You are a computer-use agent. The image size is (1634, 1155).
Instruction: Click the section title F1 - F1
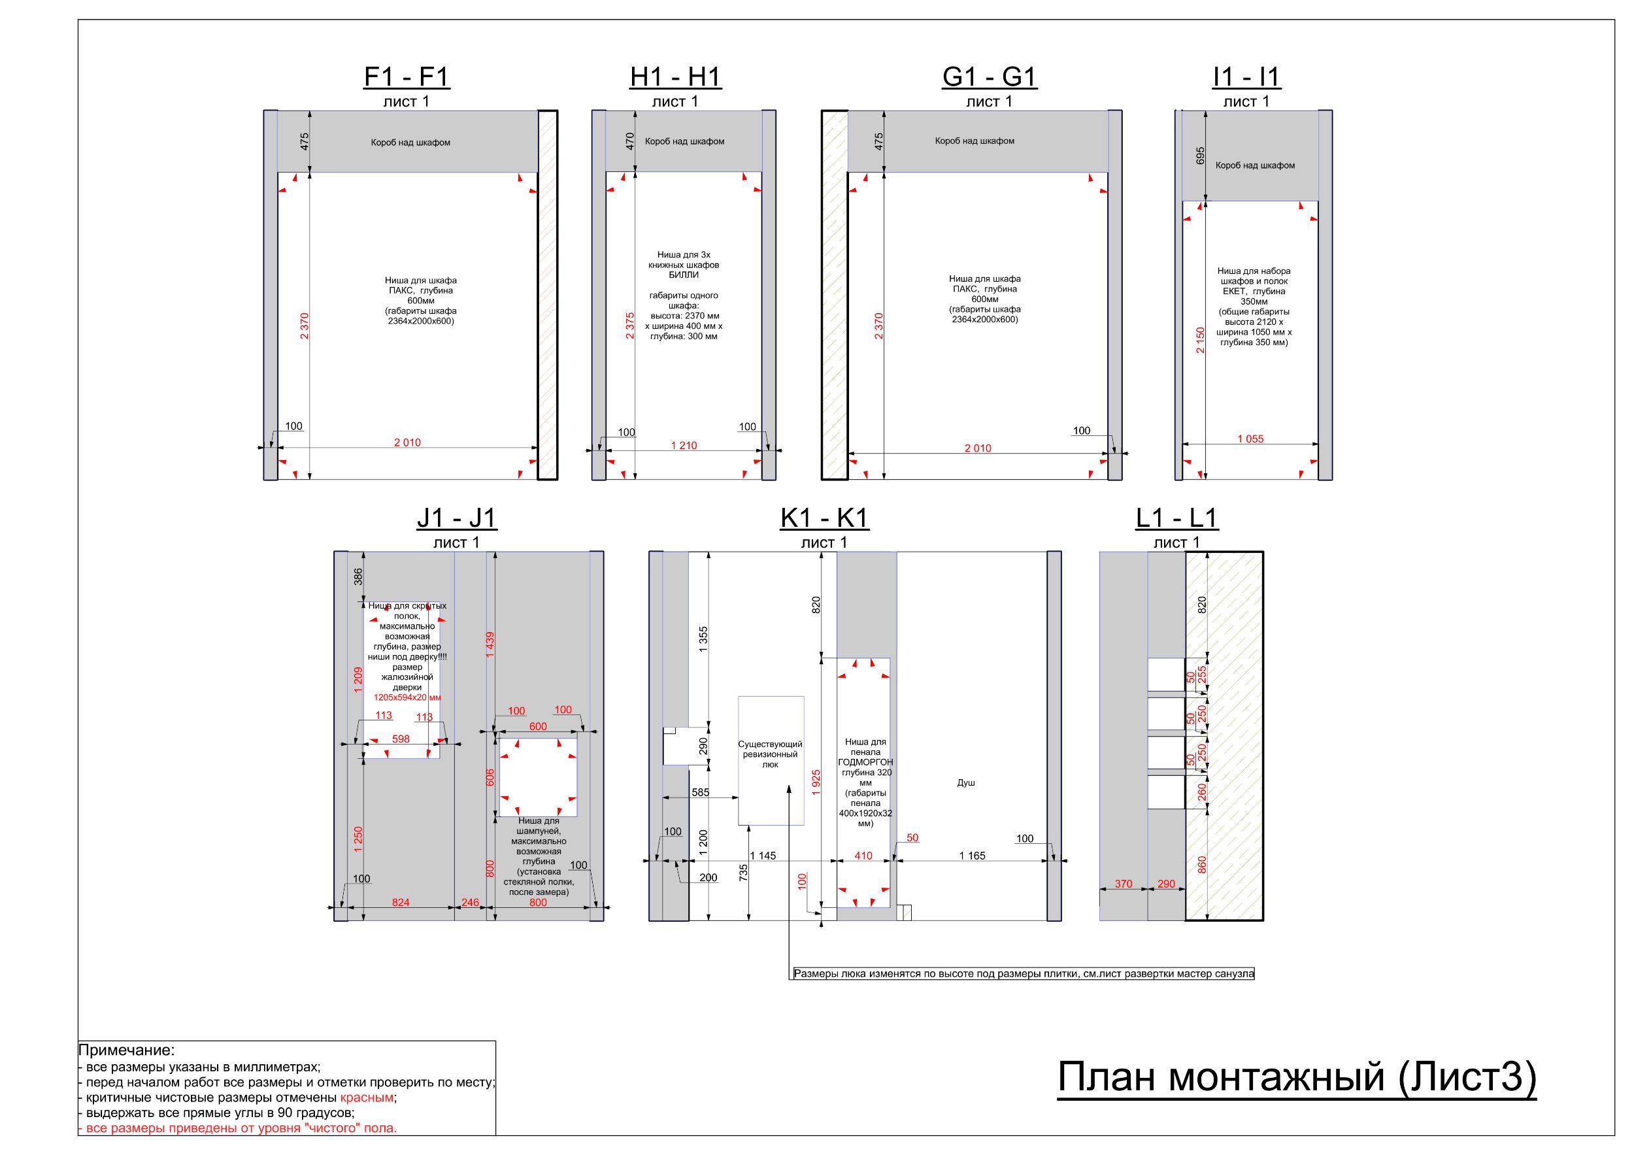coord(407,77)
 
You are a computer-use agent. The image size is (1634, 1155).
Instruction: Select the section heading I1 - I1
coord(1246,77)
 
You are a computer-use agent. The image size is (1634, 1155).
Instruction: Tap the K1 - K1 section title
coord(824,518)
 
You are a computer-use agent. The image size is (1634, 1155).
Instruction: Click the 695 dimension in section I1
coord(1200,156)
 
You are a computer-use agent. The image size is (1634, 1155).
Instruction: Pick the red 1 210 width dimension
coord(684,446)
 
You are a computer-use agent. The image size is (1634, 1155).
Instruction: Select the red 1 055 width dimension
coord(1250,439)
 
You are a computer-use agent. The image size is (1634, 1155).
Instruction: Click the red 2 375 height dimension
coord(630,326)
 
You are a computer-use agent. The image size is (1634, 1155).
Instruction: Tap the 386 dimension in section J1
coord(358,577)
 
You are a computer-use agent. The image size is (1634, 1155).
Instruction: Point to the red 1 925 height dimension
coord(816,782)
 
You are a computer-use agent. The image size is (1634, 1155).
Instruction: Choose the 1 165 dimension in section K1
coord(972,856)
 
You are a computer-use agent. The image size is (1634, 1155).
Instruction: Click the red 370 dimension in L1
coord(1124,884)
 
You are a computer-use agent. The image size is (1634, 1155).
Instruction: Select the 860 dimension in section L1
coord(1202,865)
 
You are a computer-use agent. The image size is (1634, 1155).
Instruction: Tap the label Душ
coord(966,783)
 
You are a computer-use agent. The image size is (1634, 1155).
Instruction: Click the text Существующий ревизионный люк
coord(770,754)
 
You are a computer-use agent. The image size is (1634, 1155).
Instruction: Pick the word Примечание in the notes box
coord(126,1050)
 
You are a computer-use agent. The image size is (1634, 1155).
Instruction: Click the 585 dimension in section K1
coord(700,792)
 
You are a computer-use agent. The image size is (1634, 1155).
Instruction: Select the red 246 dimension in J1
coord(471,903)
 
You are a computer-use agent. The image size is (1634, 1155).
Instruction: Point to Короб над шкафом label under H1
coord(684,142)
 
